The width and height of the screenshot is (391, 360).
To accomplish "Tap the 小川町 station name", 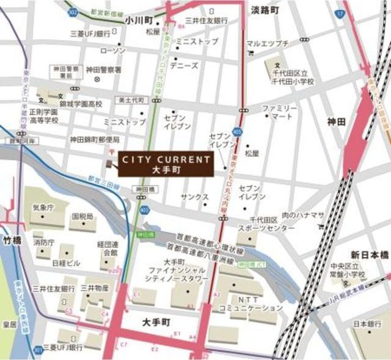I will click(x=139, y=20).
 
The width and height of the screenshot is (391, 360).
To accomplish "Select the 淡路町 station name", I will click(x=265, y=10).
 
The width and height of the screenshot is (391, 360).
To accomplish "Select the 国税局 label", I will click(x=82, y=217).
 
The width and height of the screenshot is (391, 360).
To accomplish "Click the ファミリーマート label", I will click(x=281, y=112).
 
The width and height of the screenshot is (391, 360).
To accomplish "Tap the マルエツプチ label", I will click(x=268, y=43).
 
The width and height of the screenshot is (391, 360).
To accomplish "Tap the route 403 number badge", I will click(x=144, y=209).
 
